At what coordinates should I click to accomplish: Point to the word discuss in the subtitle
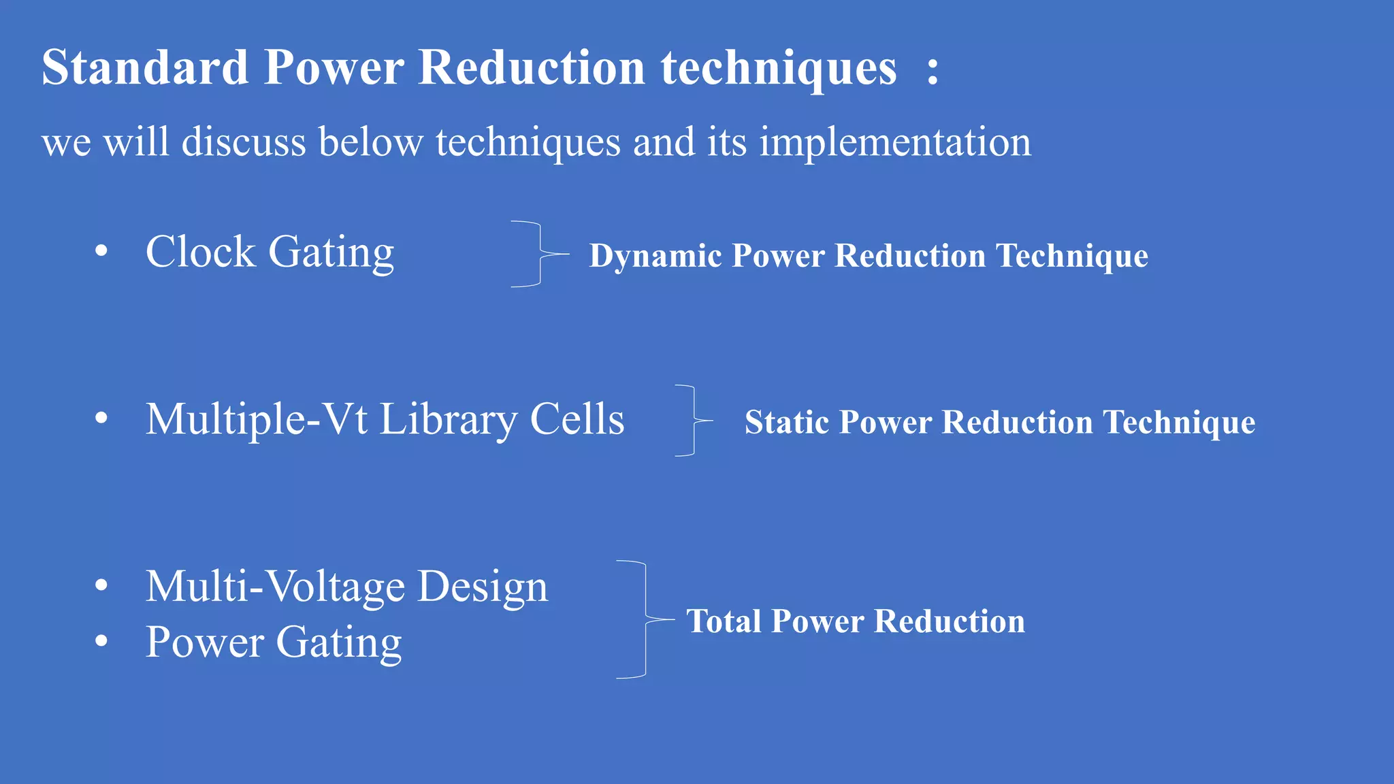(x=244, y=143)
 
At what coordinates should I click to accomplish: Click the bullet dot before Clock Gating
(x=101, y=251)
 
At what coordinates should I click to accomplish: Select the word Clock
(x=200, y=252)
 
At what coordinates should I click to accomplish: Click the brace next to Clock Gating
(x=539, y=254)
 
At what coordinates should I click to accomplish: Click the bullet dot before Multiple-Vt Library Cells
(x=101, y=418)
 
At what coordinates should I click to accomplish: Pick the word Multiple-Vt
(x=257, y=419)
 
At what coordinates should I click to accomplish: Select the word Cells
(x=577, y=419)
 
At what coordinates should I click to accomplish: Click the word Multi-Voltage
(x=276, y=587)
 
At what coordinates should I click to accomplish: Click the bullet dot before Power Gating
(x=101, y=641)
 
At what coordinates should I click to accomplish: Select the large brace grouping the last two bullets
(x=645, y=619)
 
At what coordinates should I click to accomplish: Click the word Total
(x=724, y=622)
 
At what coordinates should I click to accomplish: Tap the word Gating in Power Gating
(x=338, y=643)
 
